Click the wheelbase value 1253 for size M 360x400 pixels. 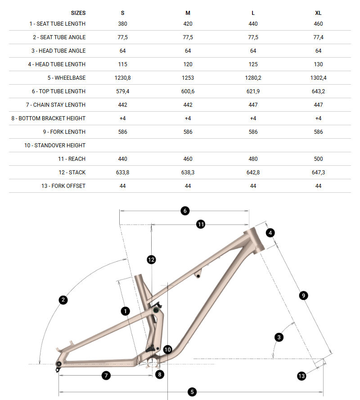coord(188,78)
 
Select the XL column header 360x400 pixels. coord(318,13)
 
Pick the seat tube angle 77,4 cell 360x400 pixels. coord(318,37)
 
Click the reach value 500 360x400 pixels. coord(318,159)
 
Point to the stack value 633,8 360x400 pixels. coord(123,173)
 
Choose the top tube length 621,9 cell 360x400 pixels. coord(253,91)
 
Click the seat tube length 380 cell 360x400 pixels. coord(123,24)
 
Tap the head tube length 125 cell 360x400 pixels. coord(253,64)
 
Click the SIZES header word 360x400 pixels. coord(78,13)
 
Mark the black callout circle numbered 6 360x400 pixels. coord(184,210)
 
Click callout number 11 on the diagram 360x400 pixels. coord(201,224)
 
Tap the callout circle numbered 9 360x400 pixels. coord(303,295)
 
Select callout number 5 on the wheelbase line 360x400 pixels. coord(192,392)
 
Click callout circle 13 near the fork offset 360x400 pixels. coord(301,376)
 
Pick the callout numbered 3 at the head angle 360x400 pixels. coord(279,337)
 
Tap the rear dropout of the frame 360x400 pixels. coord(59,364)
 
